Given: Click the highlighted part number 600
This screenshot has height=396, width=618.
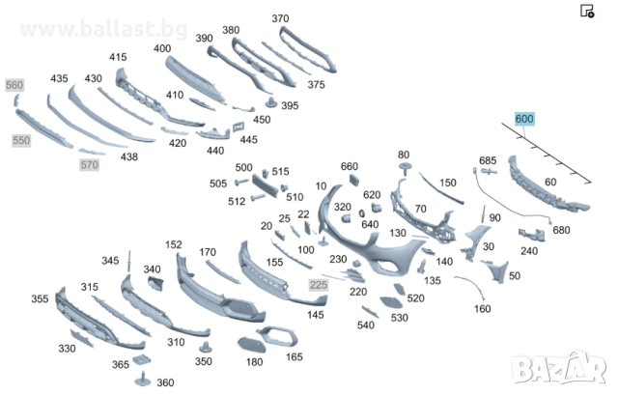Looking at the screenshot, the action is (x=524, y=119).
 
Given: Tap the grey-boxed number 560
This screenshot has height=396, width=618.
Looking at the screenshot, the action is (x=14, y=85).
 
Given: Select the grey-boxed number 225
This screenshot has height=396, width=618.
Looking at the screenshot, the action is (x=319, y=285).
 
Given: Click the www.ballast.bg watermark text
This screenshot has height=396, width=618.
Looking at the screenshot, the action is (x=103, y=29).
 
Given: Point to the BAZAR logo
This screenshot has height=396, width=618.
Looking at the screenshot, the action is (x=559, y=368).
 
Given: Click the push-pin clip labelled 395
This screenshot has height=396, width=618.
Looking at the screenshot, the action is (x=271, y=102).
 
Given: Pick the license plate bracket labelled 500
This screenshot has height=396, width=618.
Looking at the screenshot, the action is (x=265, y=184).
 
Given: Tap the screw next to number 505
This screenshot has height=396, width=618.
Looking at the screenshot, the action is (x=241, y=182).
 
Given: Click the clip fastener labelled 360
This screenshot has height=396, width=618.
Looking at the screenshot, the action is (x=143, y=379).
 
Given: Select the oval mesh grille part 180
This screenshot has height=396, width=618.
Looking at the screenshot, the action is (x=251, y=345).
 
